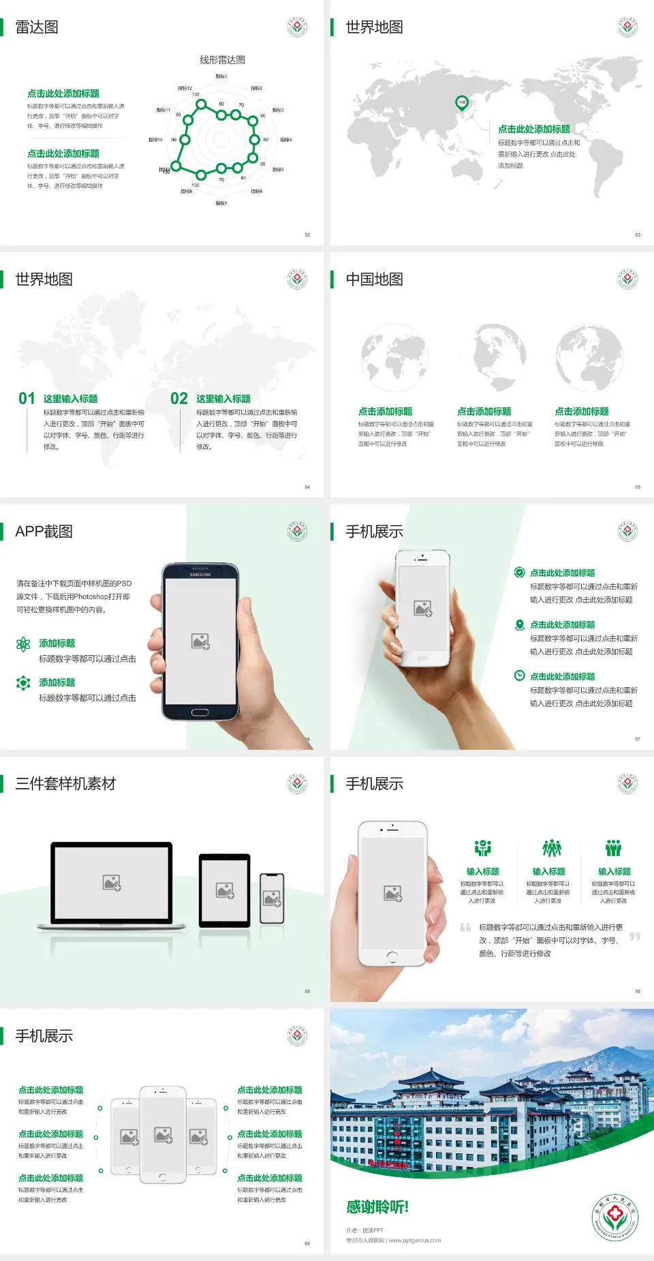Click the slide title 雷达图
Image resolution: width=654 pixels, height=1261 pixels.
(37, 27)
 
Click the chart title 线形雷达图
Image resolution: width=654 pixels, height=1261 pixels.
(222, 60)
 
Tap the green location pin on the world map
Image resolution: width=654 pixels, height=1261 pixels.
(461, 103)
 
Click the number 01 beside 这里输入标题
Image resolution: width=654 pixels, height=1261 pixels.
(27, 399)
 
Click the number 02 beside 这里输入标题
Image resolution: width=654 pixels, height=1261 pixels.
(179, 399)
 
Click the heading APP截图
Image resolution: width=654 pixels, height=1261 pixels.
(44, 532)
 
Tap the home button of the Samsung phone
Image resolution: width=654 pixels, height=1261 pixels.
(200, 712)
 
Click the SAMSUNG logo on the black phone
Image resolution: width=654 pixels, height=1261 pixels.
(200, 575)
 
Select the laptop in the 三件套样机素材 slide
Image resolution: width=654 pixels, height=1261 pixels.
(112, 886)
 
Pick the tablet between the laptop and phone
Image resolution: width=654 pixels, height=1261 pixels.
(225, 890)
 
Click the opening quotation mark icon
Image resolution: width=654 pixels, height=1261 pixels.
(465, 928)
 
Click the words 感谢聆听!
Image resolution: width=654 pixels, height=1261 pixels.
(377, 1207)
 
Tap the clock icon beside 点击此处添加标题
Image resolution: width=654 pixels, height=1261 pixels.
(519, 675)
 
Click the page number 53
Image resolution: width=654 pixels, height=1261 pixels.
(638, 234)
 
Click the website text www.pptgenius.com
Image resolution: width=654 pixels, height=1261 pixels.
(415, 1241)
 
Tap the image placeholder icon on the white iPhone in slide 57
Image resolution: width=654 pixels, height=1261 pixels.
(423, 609)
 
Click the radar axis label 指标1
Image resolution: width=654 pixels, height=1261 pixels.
(221, 76)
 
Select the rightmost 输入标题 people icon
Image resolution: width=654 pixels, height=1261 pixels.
(614, 848)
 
